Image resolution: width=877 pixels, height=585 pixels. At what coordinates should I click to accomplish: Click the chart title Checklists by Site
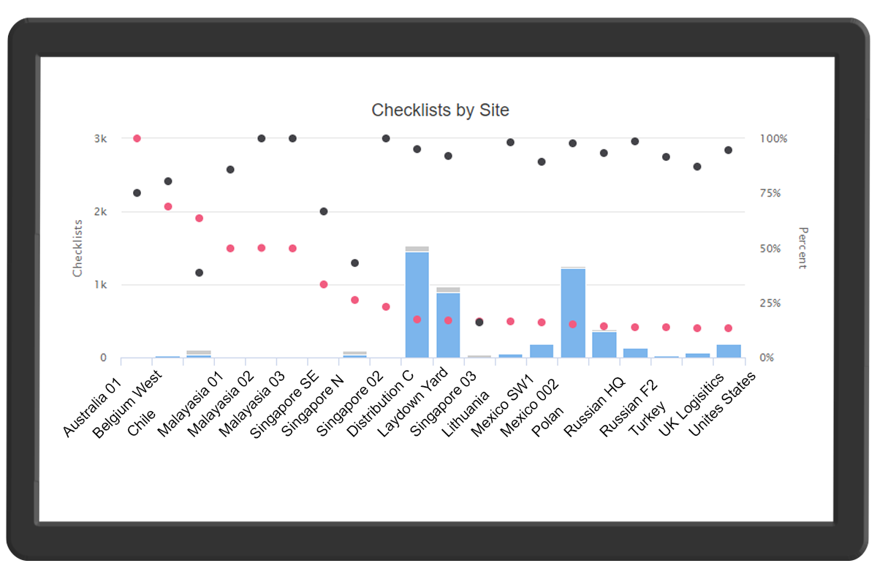pyautogui.click(x=440, y=110)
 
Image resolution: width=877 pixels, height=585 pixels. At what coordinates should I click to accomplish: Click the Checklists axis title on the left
pyautogui.click(x=77, y=249)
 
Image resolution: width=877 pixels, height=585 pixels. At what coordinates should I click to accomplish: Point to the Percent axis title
pyautogui.click(x=802, y=248)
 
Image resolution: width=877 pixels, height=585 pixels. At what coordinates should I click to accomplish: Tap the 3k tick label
pyautogui.click(x=99, y=139)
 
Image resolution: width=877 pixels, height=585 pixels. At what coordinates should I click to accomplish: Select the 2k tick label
pyautogui.click(x=99, y=212)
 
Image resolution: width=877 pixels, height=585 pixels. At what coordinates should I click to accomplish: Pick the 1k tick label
pyautogui.click(x=99, y=285)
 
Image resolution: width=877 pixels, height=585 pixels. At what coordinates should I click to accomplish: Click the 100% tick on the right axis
pyautogui.click(x=773, y=139)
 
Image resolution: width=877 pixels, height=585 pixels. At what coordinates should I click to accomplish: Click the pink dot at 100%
pyautogui.click(x=137, y=138)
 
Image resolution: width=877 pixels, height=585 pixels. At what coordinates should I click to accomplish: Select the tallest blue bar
pyautogui.click(x=417, y=304)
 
